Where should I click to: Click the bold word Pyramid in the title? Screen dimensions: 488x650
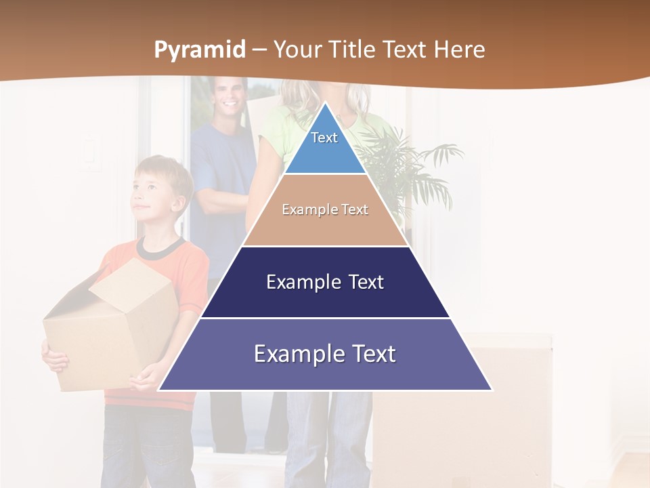coord(199,50)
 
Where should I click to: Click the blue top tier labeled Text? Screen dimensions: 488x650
coord(324,145)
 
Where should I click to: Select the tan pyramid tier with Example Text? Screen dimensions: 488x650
coord(325,210)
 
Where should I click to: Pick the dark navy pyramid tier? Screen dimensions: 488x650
coord(325,283)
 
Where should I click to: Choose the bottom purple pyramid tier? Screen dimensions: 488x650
coord(325,354)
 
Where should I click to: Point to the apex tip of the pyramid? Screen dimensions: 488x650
coord(325,104)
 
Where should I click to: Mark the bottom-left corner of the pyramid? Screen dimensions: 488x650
coord(160,390)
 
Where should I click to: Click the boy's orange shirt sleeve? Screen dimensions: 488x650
coord(194,271)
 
